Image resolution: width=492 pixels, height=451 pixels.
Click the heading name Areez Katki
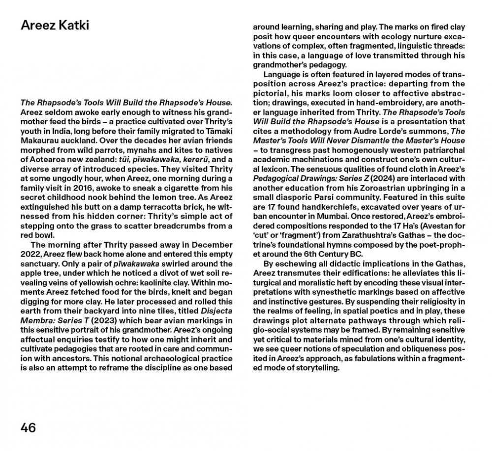tap(55, 26)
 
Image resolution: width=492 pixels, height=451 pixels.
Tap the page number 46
tap(29, 427)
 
